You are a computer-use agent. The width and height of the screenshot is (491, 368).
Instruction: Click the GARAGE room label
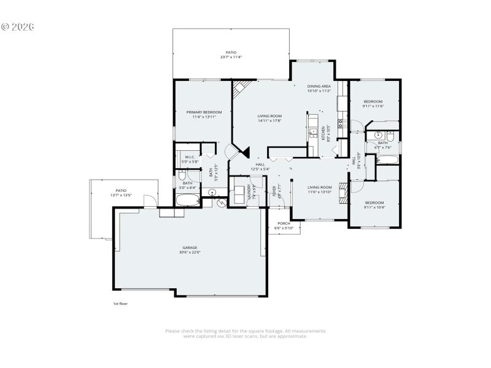pos(189,247)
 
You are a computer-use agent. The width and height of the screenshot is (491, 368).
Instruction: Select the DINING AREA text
pos(319,86)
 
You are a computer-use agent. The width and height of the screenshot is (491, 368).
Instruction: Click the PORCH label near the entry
pos(284,223)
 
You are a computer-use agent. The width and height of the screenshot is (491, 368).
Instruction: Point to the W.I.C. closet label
pos(190,157)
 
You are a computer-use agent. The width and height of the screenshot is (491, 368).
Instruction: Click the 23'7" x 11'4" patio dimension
pos(231,57)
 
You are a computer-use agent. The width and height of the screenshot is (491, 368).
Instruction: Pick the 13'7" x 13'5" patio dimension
pos(122,195)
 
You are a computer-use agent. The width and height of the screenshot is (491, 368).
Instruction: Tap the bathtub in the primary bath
pos(188,200)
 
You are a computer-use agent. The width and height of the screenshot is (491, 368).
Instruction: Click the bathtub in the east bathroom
pos(387,161)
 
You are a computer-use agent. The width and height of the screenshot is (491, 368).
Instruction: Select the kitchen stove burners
pos(339,123)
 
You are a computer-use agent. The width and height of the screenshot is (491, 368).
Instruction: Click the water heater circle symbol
pos(212,192)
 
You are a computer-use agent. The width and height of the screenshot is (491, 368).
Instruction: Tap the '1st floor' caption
pos(120,303)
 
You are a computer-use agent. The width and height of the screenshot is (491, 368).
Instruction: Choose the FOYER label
pos(274,192)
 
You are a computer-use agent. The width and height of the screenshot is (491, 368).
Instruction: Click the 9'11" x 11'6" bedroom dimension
pos(373,106)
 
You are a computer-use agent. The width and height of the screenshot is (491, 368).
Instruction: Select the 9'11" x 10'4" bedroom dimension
pos(374,207)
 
